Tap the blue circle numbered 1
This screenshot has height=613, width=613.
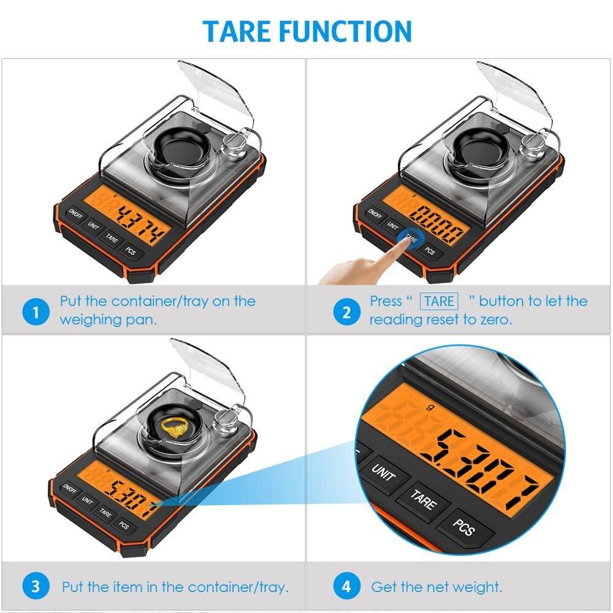tap(36, 313)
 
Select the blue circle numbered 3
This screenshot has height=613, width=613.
tap(36, 586)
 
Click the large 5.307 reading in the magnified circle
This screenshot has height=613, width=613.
tap(481, 460)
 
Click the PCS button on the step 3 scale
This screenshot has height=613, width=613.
tap(124, 525)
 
